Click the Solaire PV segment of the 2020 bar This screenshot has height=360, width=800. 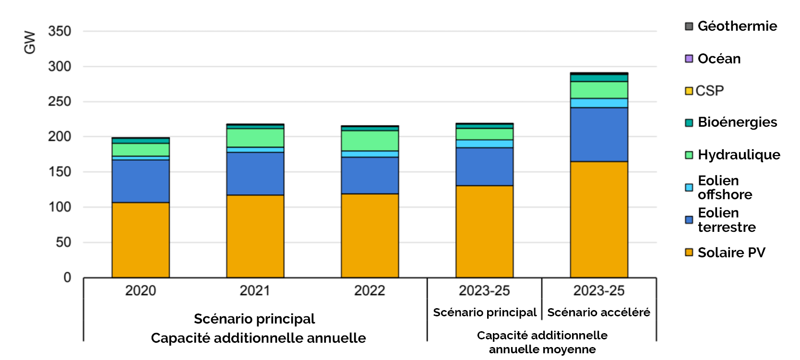[141, 240]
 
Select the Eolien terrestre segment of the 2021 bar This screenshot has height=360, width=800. [255, 174]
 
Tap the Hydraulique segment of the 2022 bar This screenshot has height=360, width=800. [370, 141]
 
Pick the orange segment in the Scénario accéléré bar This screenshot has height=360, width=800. [599, 219]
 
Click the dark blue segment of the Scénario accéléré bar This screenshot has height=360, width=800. [599, 134]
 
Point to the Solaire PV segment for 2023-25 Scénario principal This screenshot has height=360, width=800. [484, 231]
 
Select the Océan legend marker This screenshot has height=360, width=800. [689, 59]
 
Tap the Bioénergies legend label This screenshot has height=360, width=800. [737, 122]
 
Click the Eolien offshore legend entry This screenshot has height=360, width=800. [725, 188]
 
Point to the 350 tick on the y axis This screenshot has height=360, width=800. [60, 31]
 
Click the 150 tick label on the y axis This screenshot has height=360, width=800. [60, 172]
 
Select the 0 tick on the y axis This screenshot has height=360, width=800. [67, 277]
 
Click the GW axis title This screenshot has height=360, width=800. [30, 42]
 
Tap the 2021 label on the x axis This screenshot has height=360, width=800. [255, 290]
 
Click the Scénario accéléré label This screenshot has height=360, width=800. [598, 312]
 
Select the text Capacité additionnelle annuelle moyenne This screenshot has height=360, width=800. [542, 342]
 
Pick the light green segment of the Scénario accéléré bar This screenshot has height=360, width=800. [599, 90]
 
